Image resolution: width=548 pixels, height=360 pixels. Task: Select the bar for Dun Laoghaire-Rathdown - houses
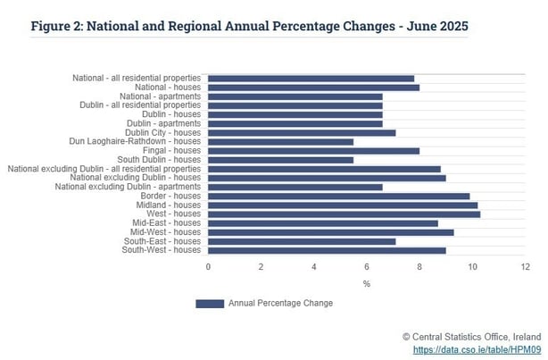tap(280, 141)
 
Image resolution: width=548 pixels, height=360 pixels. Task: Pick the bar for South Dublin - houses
tap(280, 160)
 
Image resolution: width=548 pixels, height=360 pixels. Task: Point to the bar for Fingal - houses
tap(313, 150)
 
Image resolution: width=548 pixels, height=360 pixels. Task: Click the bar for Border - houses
tap(338, 196)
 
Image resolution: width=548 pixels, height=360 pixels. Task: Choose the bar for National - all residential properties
tap(311, 78)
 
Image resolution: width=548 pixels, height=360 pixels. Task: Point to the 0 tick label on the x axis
tap(208, 266)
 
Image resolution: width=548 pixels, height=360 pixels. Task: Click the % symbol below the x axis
tap(366, 283)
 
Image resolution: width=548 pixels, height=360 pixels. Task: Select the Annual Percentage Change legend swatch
tap(209, 304)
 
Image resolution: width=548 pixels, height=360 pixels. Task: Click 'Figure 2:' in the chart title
tap(60, 25)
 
